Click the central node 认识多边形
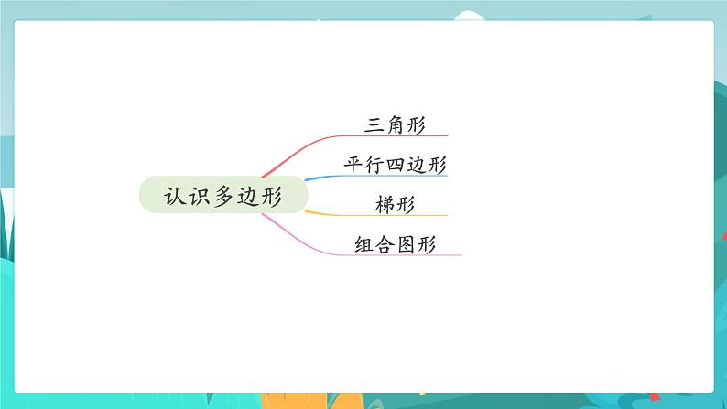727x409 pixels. pos(223,195)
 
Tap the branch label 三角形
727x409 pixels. pos(395,124)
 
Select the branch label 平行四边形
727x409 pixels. pos(395,165)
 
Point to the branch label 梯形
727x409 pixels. pos(395,205)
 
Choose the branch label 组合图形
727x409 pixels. pos(395,244)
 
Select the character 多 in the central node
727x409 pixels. pos(223,196)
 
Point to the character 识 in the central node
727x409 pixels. pos(199,196)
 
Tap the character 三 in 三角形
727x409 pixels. pos(374,124)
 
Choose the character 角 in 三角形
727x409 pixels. pos(395,124)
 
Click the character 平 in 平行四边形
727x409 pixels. pos(353,165)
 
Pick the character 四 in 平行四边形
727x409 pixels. pos(395,165)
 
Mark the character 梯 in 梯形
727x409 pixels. pos(385,205)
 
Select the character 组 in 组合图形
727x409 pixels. pos(363,244)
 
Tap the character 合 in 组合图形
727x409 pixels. pos(385,244)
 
